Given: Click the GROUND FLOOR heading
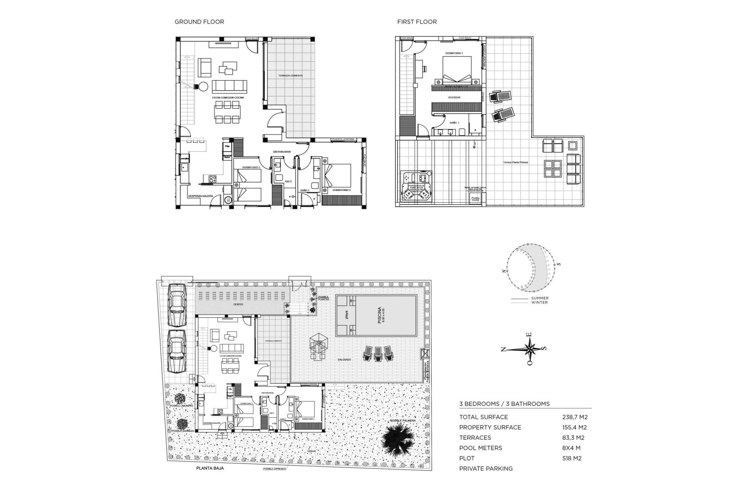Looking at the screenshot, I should pyautogui.click(x=199, y=22).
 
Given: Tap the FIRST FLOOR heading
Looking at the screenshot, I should pyautogui.click(x=417, y=22).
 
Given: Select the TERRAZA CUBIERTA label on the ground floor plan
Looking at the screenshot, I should pyautogui.click(x=291, y=76).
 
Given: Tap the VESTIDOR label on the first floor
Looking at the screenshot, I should pyautogui.click(x=454, y=97).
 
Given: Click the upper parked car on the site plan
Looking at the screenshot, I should pyautogui.click(x=177, y=304).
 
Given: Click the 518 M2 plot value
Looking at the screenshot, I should pyautogui.click(x=572, y=458).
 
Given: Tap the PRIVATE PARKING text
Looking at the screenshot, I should pyautogui.click(x=486, y=469).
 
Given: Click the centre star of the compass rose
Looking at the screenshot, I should pyautogui.click(x=530, y=349).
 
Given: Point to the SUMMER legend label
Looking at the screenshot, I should pyautogui.click(x=540, y=298).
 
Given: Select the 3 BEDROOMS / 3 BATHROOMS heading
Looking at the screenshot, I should pyautogui.click(x=504, y=404).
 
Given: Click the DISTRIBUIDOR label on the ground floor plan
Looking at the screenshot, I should pyautogui.click(x=282, y=152).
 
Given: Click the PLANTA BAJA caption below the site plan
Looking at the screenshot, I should pyautogui.click(x=210, y=468).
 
